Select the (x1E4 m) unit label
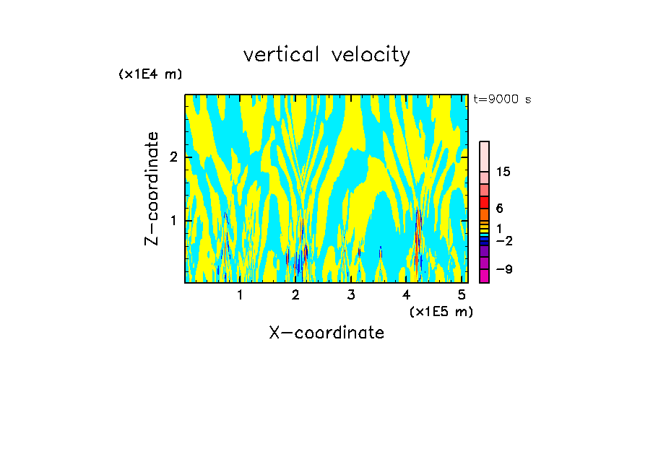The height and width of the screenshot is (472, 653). click(150, 74)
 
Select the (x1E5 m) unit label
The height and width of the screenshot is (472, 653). click(441, 311)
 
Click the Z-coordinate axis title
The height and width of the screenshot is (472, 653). click(152, 188)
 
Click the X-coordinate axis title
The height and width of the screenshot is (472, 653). click(326, 333)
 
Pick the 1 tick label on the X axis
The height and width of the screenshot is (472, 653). click(240, 295)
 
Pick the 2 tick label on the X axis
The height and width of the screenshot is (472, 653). click(295, 295)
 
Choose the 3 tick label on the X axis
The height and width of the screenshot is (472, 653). click(351, 295)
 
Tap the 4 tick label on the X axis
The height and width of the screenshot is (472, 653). click(407, 295)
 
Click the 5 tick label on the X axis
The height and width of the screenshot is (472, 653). click(462, 295)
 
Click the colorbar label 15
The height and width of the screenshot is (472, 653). click(503, 172)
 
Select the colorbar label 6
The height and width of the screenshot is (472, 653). click(499, 209)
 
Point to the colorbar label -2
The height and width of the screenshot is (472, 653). click(503, 241)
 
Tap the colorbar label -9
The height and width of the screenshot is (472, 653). click(503, 270)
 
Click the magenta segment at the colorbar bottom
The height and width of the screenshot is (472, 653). click(484, 276)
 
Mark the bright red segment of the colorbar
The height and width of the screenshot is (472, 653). click(484, 202)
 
